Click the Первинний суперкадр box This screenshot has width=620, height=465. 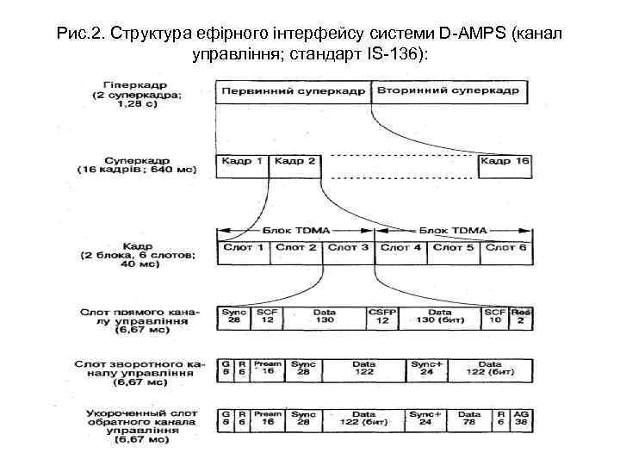click(x=294, y=91)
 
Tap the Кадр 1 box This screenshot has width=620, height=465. click(x=243, y=161)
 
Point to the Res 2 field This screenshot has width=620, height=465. click(x=520, y=316)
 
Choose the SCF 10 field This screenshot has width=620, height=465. click(x=494, y=316)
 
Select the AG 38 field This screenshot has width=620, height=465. click(x=520, y=418)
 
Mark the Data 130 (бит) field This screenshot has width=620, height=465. click(x=439, y=316)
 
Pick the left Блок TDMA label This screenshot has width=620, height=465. click(x=294, y=231)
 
